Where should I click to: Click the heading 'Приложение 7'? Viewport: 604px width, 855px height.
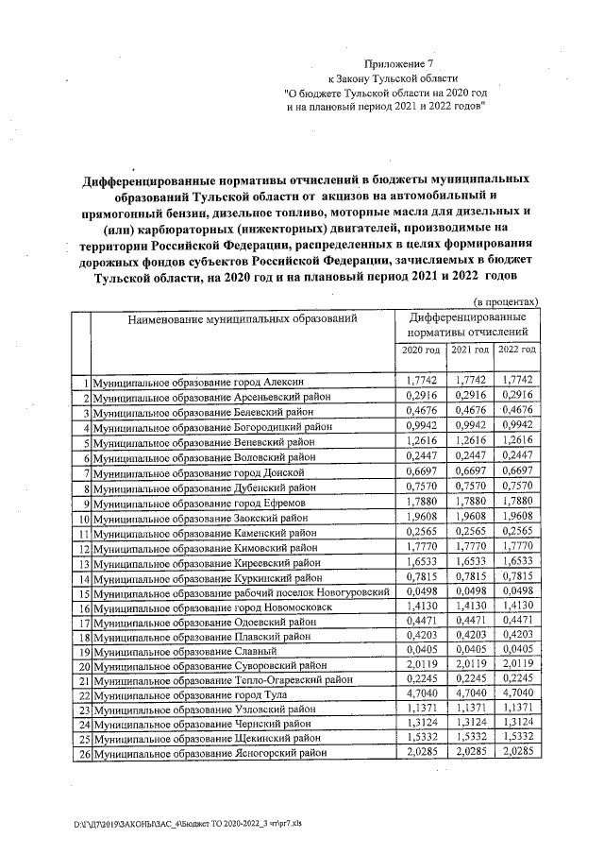tap(390, 64)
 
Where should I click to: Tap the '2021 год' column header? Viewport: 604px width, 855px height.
tap(468, 351)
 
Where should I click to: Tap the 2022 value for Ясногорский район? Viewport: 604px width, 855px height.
tap(516, 753)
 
